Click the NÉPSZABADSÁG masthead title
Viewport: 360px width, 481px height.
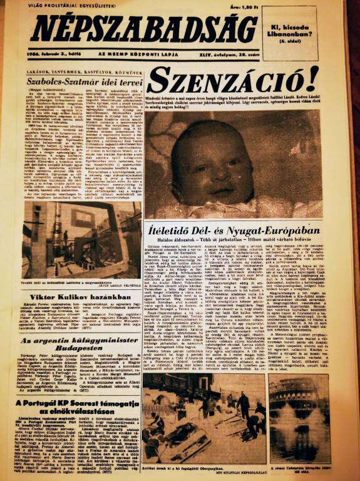[x=144, y=28]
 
